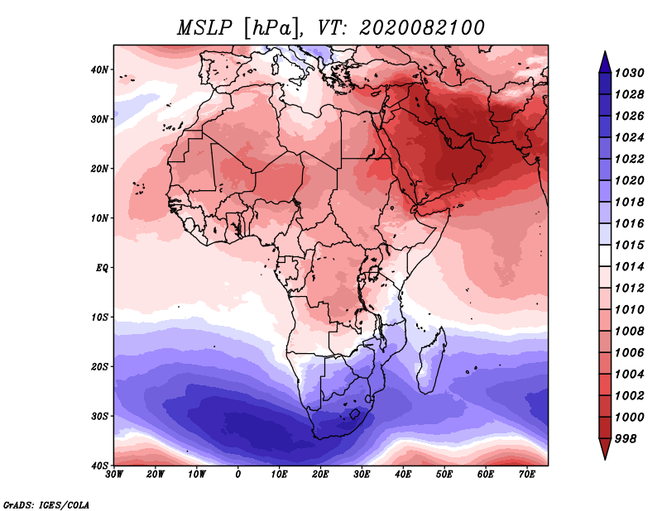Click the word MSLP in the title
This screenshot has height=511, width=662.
(204, 28)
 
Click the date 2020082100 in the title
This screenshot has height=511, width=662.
(422, 28)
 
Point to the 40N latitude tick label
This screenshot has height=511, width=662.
(99, 69)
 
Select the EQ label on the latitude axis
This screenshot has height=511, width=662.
(102, 268)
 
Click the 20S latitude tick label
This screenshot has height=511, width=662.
(99, 366)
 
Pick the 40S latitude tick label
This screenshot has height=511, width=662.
(99, 466)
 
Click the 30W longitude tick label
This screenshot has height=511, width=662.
(114, 475)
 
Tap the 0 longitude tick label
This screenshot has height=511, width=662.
(238, 475)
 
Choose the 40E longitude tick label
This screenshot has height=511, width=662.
(403, 475)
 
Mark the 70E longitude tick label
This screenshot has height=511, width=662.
(527, 475)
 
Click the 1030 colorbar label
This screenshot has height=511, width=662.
(629, 73)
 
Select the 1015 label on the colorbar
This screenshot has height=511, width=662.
(629, 245)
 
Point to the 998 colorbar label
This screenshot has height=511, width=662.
(626, 439)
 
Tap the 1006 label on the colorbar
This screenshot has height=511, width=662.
(629, 353)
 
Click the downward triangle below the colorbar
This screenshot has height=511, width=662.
(605, 448)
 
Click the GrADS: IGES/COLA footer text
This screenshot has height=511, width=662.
(46, 504)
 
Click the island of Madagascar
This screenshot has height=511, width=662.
(431, 361)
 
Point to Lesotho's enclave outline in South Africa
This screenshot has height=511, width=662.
(355, 413)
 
